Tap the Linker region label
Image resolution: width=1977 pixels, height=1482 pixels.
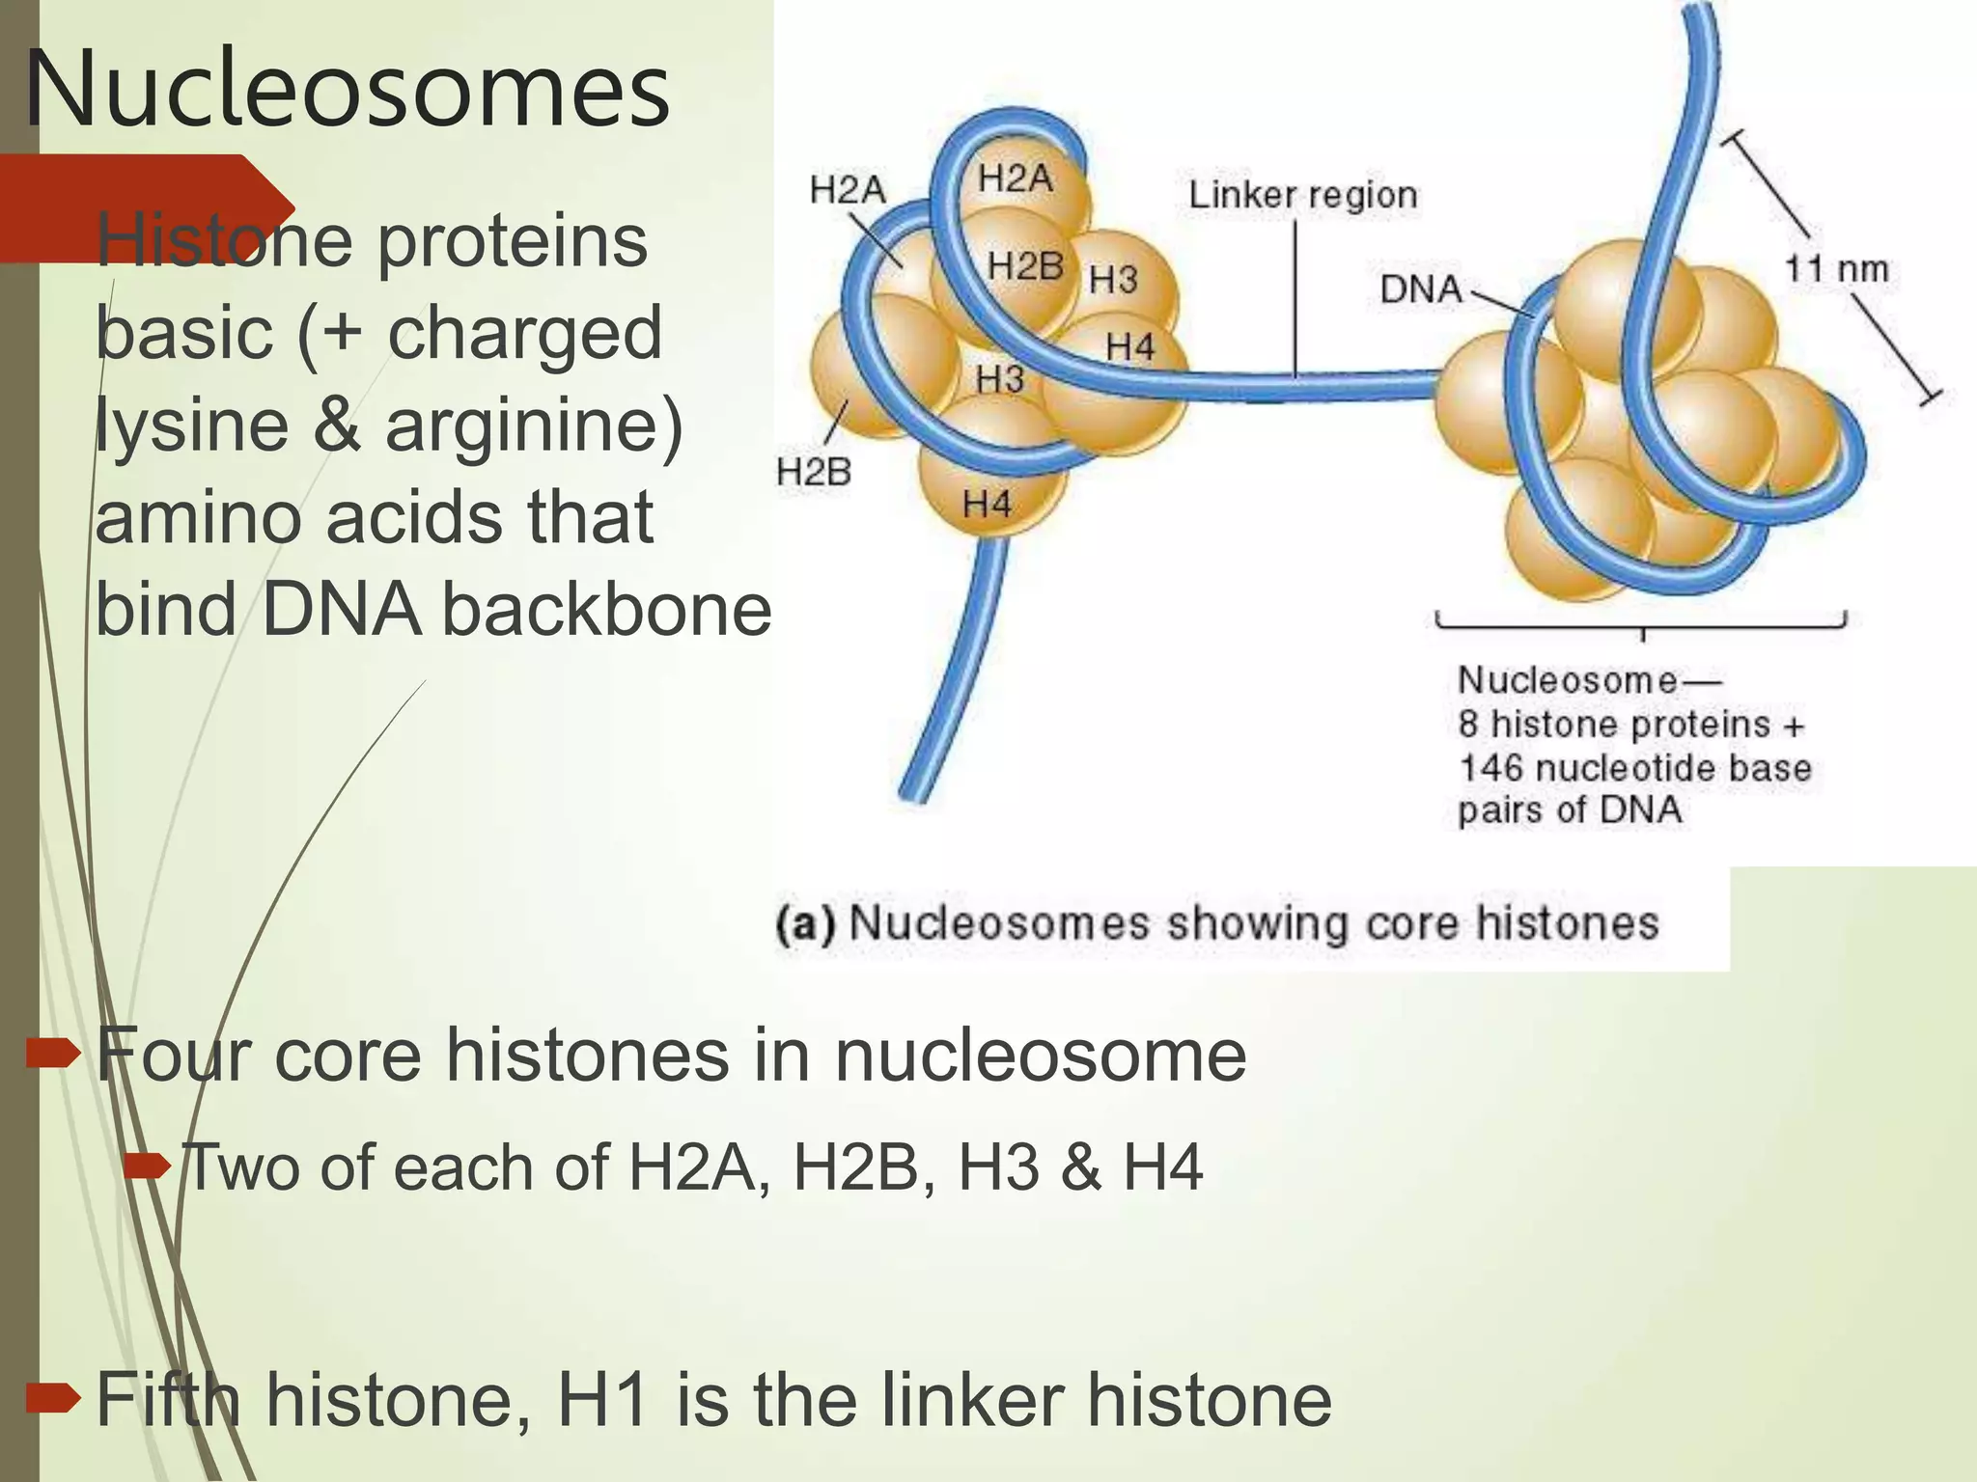(x=1302, y=195)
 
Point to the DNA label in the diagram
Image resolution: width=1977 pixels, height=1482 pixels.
(x=1420, y=288)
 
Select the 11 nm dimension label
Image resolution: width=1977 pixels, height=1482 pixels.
(x=1835, y=268)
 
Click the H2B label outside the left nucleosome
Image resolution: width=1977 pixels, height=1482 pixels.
(x=814, y=472)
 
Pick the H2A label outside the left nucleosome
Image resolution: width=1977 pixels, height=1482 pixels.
(x=847, y=189)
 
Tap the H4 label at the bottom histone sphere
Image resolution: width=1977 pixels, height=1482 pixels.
(x=987, y=503)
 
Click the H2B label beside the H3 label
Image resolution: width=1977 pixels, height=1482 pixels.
(x=1024, y=265)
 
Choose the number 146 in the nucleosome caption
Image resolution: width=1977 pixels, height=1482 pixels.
(x=1490, y=769)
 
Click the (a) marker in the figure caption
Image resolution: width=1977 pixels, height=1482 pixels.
(x=805, y=924)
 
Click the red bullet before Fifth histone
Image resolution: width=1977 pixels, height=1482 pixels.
(x=53, y=1396)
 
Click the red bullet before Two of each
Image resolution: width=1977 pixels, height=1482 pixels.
(x=148, y=1168)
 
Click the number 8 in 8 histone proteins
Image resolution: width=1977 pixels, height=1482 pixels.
(x=1467, y=725)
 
